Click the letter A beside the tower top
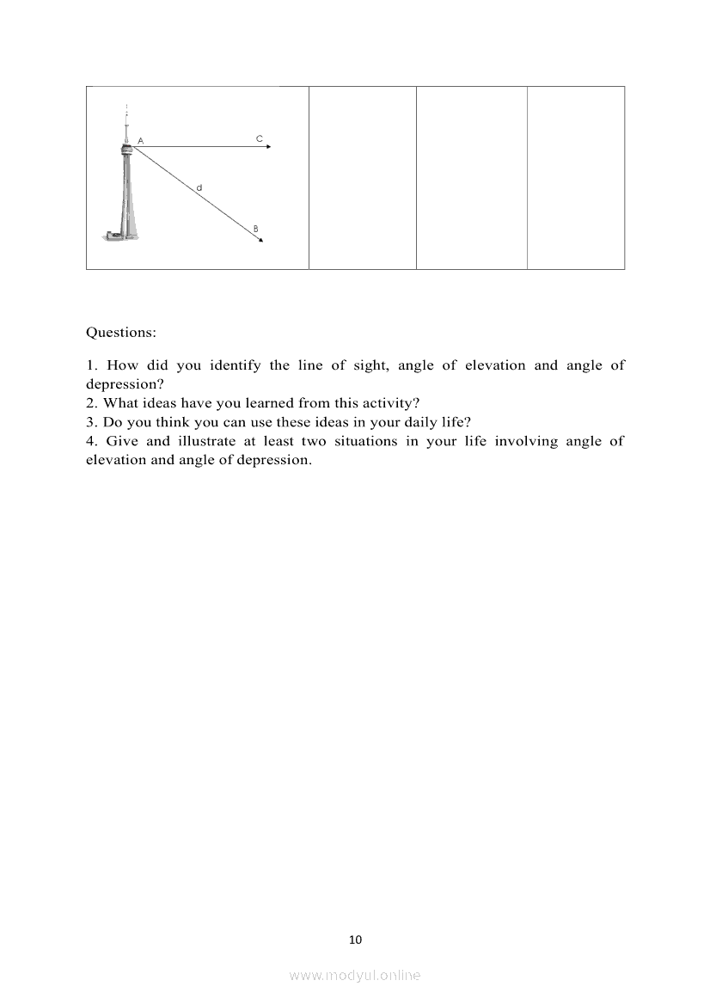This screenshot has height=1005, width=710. (140, 140)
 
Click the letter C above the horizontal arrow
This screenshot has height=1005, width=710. (259, 138)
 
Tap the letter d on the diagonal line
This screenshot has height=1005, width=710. (199, 187)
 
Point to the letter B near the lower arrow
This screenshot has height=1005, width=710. (255, 228)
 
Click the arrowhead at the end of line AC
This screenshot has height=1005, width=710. (268, 147)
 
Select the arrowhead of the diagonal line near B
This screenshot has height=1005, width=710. (260, 240)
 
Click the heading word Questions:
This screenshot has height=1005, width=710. (121, 332)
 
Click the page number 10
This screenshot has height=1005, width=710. (356, 940)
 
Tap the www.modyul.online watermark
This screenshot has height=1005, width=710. (355, 975)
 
